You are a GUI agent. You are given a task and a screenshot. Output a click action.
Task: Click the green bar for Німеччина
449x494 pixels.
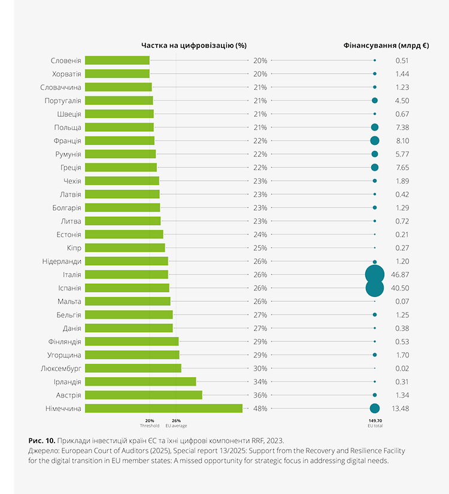pos(163,408)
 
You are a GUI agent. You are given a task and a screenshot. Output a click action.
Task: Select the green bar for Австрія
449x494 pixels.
pos(144,395)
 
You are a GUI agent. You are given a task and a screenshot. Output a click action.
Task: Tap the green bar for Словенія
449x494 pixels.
pos(117,60)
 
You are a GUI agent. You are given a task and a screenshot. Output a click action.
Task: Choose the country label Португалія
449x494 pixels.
pos(63,101)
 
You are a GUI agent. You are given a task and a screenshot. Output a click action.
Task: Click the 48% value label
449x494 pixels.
pos(260,408)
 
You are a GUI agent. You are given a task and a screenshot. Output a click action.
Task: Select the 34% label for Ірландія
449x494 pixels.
pos(260,381)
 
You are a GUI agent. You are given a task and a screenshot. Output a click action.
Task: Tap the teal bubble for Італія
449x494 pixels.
pos(375,274)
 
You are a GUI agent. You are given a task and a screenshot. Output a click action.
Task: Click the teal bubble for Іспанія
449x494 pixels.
pos(375,288)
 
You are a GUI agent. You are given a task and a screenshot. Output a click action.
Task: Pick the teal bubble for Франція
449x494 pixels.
pos(375,141)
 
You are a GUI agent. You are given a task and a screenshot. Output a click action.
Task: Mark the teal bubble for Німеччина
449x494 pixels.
pos(375,408)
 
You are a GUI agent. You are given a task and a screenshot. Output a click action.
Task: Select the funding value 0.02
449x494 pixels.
pos(402,368)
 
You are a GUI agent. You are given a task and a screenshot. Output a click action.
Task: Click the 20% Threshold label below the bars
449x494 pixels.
pos(150,423)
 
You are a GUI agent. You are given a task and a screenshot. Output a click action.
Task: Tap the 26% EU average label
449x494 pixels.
pos(176,423)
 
